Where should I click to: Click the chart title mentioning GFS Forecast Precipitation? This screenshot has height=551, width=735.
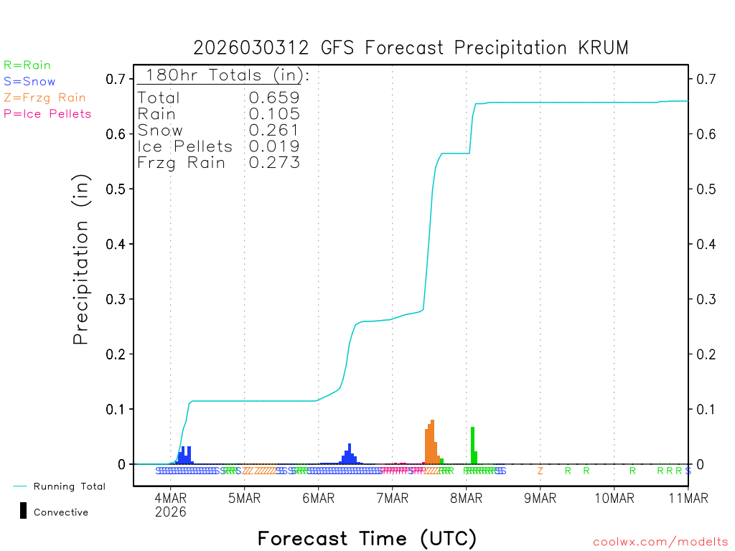411,48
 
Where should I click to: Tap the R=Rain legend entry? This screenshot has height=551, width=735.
27,65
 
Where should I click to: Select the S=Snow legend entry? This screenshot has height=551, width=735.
29,82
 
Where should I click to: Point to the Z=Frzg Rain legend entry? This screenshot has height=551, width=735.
45,98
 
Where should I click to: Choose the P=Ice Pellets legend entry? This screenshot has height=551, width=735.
47,113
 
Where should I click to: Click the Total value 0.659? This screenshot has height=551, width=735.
274,98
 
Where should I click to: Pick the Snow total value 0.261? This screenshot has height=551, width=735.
274,130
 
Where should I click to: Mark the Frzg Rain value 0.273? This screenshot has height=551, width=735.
274,163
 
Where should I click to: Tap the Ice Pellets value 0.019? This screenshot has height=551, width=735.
274,146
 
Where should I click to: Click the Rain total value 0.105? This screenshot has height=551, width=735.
274,114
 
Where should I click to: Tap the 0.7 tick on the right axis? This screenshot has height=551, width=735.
703,79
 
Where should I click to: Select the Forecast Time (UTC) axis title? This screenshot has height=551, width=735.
367,538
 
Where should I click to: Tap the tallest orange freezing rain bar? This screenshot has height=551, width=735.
432,442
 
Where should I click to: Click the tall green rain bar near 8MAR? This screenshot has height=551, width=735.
472,446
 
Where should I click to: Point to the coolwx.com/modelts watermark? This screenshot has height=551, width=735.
660,542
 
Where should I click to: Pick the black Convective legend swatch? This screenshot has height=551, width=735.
24,511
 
